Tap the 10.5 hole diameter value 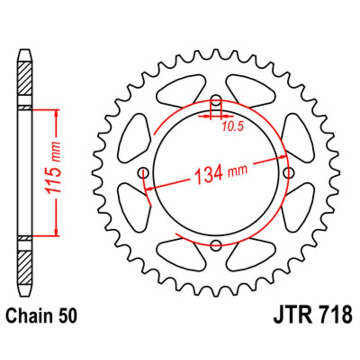[232, 126]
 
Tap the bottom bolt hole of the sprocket [216, 245]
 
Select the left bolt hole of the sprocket [144, 172]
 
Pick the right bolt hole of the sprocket [289, 172]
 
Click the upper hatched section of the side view [25, 77]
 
